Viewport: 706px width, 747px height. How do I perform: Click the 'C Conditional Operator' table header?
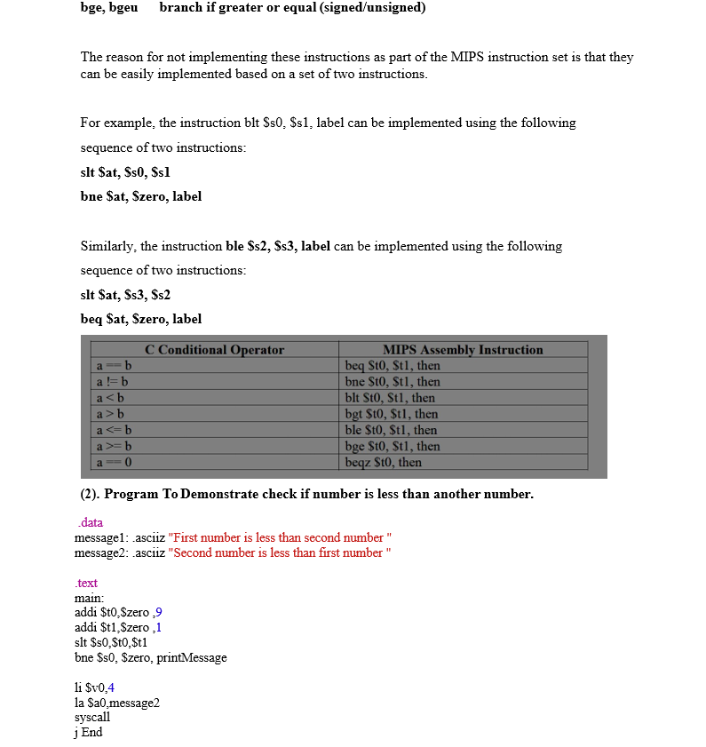[214, 350]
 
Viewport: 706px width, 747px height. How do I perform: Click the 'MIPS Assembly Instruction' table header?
[463, 350]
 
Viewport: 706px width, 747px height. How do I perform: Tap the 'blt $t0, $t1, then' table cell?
[390, 398]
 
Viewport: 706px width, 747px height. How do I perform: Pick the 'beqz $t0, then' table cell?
[383, 463]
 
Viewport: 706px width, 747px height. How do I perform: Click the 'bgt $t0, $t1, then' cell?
[391, 414]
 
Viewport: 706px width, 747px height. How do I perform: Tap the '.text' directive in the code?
[86, 583]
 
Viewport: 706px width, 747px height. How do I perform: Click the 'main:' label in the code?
[90, 598]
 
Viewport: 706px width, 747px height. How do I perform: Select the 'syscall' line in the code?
[92, 717]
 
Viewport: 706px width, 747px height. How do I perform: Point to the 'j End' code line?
[89, 732]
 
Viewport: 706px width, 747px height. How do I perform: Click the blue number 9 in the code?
[159, 613]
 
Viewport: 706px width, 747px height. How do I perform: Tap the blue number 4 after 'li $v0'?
[111, 687]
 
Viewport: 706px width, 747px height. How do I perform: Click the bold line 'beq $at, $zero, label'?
[140, 319]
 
